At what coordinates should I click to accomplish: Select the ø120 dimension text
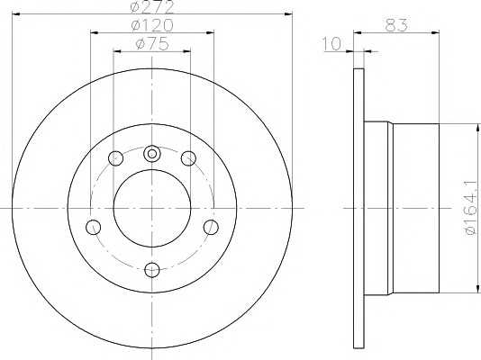pos(152,26)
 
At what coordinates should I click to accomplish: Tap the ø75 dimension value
pos(152,44)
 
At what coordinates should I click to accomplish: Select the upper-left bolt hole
pos(115,159)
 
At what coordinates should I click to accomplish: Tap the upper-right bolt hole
pos(188,159)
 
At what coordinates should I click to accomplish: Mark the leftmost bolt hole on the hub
pos(92,226)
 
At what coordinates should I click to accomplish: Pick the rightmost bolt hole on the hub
pos(212,226)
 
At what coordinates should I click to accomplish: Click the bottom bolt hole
pos(151,267)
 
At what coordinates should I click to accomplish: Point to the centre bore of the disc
pos(151,209)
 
